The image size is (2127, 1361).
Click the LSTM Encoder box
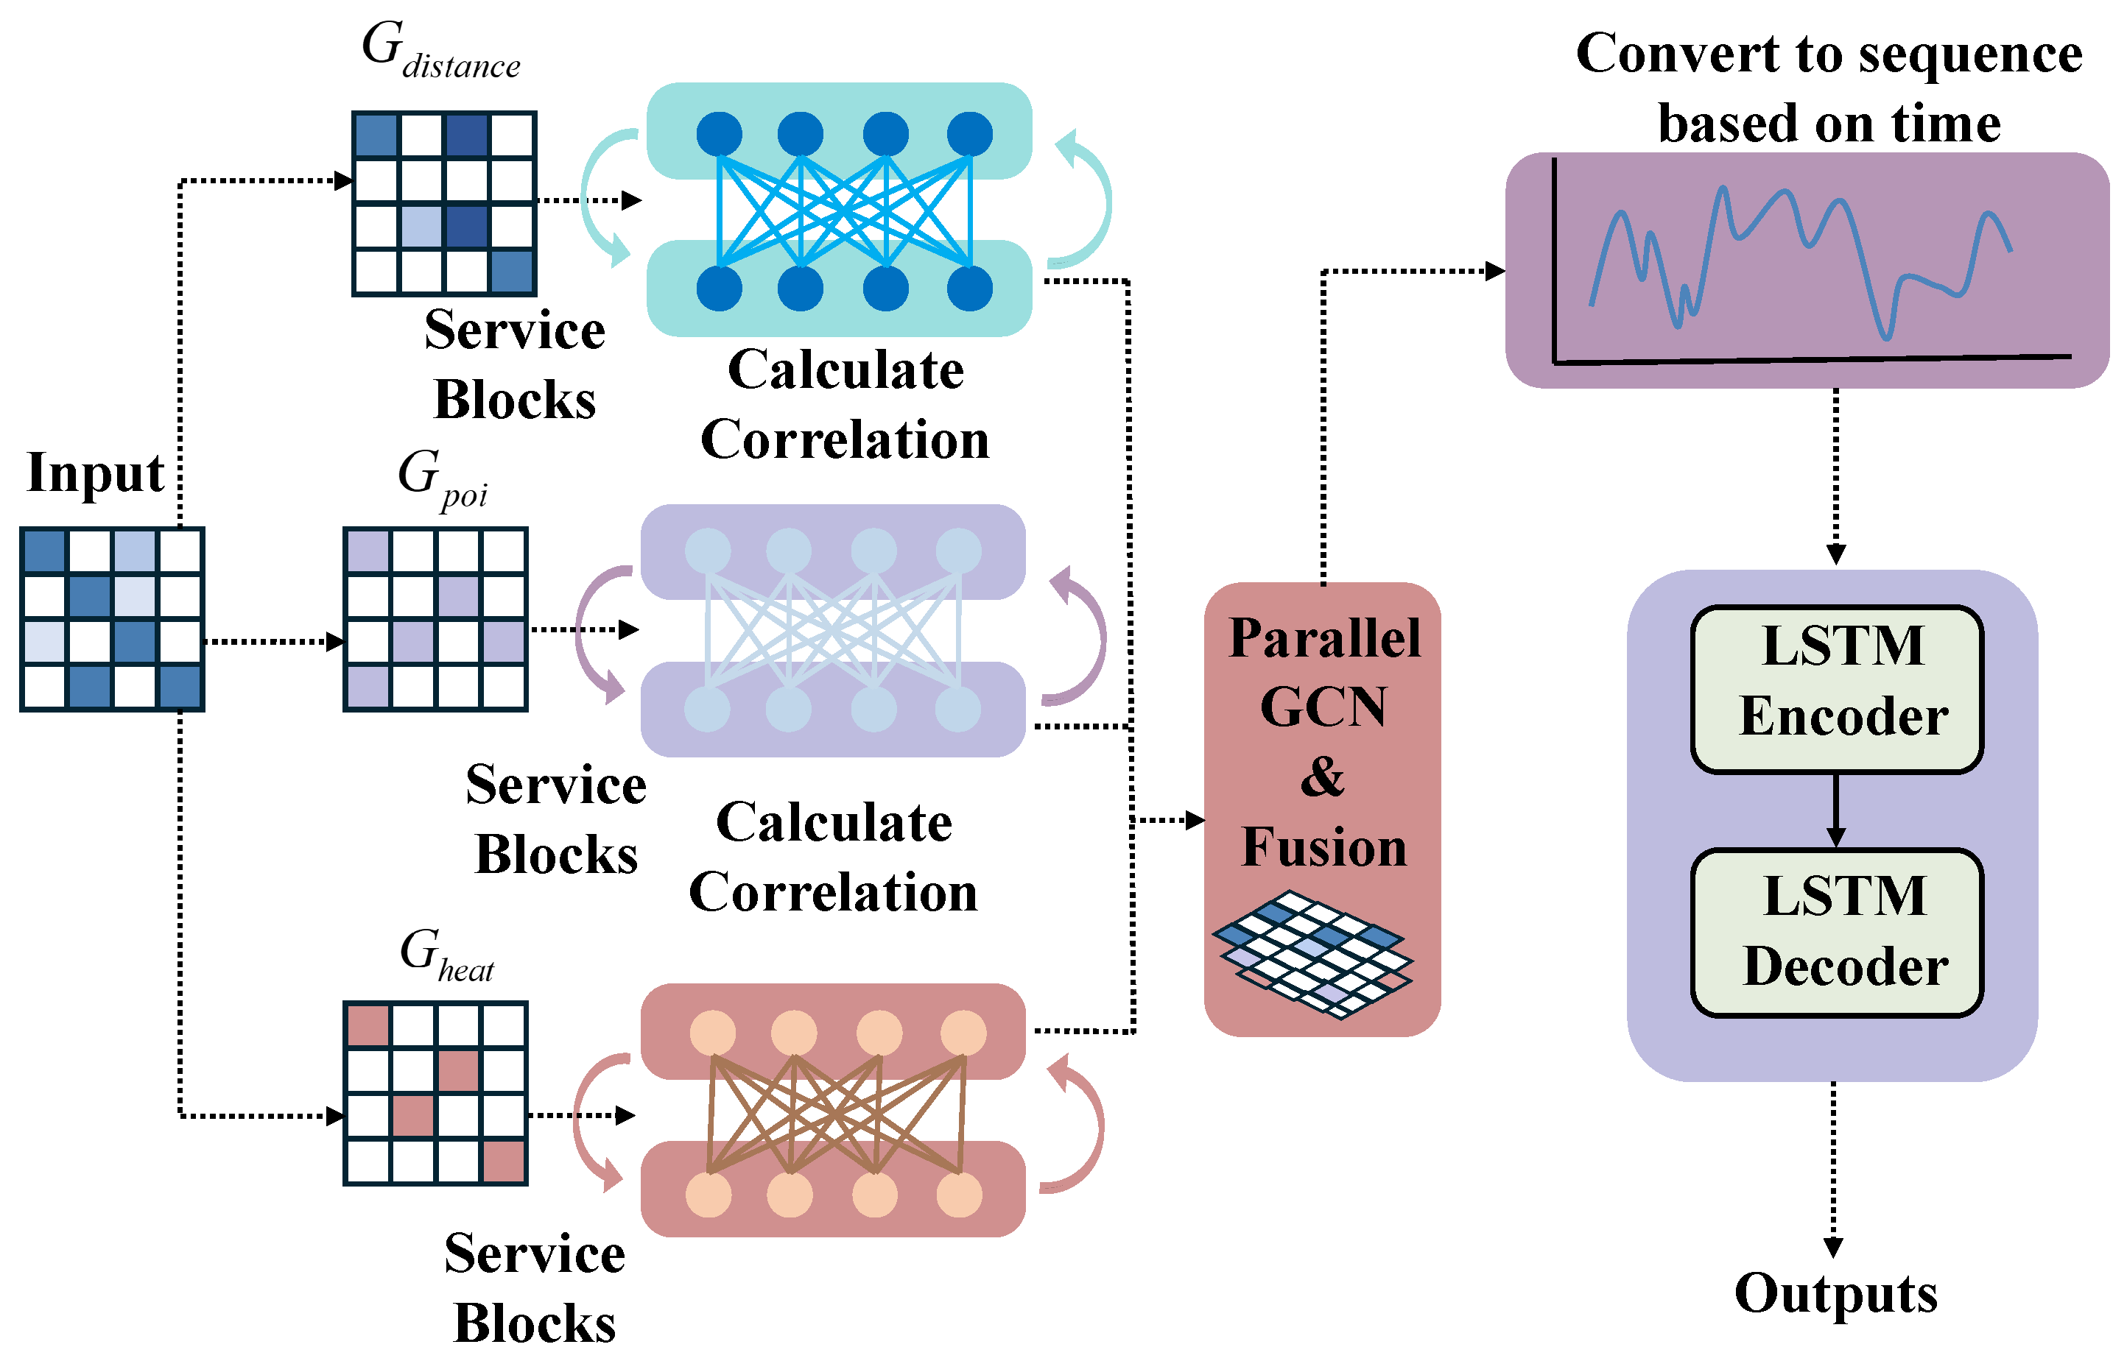point(1837,690)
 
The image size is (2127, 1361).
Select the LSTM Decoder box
point(1837,933)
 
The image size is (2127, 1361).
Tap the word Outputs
point(1836,1294)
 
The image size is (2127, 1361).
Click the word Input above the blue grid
point(96,472)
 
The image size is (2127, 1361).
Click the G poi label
point(442,477)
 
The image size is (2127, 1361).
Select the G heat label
point(446,955)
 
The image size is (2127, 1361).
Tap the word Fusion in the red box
point(1324,846)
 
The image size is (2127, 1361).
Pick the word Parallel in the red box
point(1324,638)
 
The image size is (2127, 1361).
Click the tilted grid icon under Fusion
point(1312,955)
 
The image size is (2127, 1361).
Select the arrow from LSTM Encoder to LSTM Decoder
point(1836,810)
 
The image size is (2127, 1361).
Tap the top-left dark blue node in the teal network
point(719,134)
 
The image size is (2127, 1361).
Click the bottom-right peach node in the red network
point(959,1195)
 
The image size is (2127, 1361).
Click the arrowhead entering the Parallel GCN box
point(1195,820)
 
